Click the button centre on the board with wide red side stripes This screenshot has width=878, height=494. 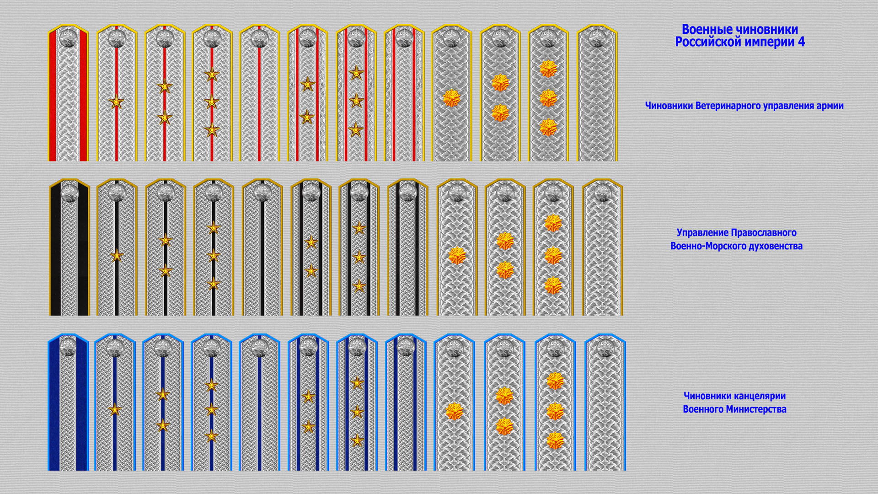pos(68,37)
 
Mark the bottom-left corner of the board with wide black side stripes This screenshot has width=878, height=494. pos(49,316)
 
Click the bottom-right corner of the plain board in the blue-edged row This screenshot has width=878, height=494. pos(626,470)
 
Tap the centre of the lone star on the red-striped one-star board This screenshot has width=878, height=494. pos(117,102)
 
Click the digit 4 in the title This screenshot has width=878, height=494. pos(801,42)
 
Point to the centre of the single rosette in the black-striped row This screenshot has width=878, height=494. pos(457,256)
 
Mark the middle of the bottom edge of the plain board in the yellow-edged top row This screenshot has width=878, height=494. pos(597,161)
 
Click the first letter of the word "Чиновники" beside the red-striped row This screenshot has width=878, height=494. pos(648,106)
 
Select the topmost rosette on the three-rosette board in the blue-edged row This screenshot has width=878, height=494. pos(555,381)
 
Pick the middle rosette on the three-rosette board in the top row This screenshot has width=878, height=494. pos(548,98)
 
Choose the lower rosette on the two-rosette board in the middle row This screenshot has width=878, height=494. pos(505,270)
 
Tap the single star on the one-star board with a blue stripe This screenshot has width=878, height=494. pos(115,410)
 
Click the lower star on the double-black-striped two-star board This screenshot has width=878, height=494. pos(311,271)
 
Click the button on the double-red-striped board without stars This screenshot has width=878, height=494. pos(404,38)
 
